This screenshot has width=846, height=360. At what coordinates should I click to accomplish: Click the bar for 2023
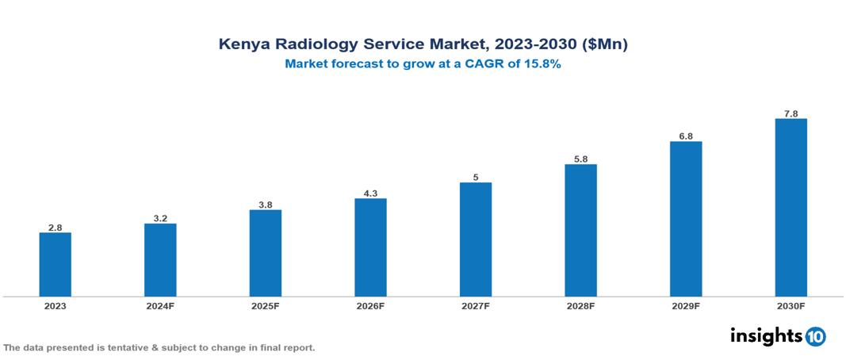56,264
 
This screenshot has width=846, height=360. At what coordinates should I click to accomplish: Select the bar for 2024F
160,260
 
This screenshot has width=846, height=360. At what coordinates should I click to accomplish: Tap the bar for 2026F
370,247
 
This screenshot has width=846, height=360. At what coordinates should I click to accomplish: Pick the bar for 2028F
580,230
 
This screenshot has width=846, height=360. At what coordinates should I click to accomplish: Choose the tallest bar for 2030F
790,208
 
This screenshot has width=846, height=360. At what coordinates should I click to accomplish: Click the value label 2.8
56,228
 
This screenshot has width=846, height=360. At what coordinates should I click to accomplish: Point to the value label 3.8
266,205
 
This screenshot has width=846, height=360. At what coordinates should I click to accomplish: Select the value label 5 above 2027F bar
476,178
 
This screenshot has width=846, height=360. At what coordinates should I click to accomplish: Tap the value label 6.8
686,136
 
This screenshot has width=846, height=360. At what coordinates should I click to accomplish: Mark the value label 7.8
790,113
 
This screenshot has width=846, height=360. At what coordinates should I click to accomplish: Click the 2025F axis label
266,306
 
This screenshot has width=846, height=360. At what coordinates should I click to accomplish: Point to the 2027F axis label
476,306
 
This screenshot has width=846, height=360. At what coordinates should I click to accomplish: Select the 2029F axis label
686,306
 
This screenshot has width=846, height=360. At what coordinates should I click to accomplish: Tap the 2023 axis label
56,306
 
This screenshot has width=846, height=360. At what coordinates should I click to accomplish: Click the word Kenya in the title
243,45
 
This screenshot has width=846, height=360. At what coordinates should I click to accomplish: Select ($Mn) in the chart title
605,45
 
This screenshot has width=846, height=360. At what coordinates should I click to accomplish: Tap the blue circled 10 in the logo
815,336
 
